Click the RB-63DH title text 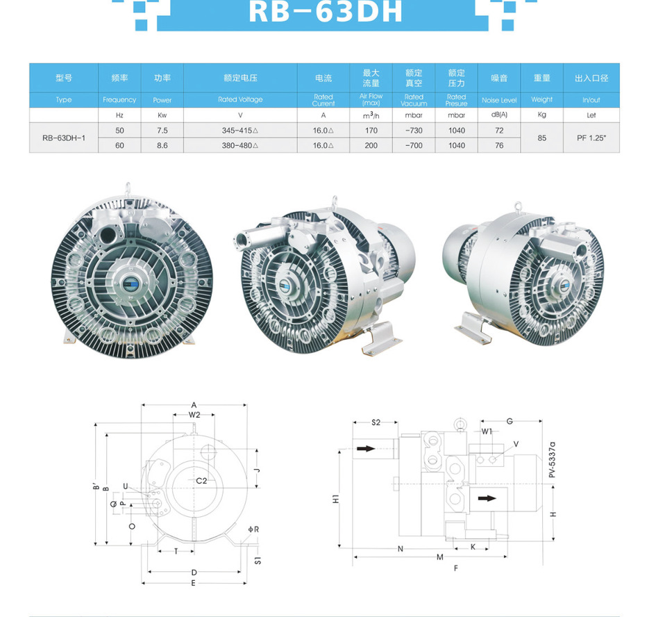click(326, 11)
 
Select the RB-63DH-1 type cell click(64, 138)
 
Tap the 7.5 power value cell click(162, 131)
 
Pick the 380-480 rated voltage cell click(240, 146)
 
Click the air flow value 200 click(371, 146)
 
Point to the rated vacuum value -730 click(413, 131)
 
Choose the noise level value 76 click(499, 146)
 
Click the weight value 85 click(541, 138)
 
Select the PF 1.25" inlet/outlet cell click(591, 138)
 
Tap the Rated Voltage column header click(240, 99)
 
